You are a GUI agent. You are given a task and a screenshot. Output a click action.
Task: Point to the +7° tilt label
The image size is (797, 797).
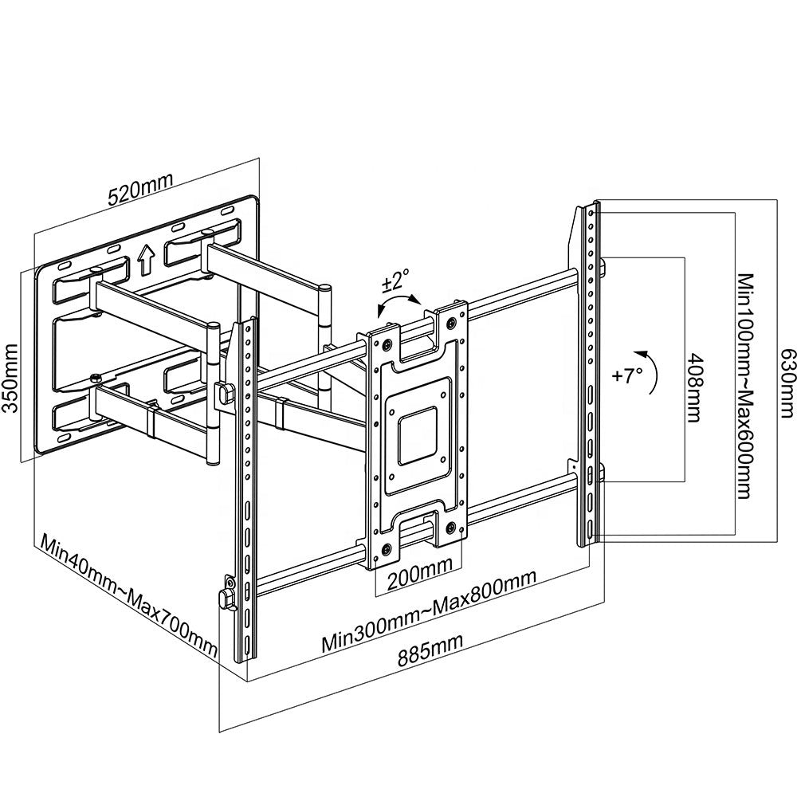point(628,375)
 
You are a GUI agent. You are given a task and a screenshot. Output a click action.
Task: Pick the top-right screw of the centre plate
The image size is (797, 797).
point(453,322)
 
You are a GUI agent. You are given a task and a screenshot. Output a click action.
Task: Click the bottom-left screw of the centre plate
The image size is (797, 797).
point(387,549)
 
